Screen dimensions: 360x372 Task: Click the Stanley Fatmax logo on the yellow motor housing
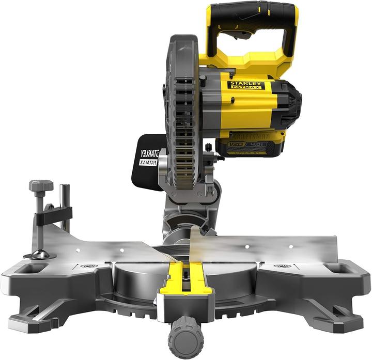coord(246,85)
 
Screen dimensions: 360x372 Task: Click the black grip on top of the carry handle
coord(252,14)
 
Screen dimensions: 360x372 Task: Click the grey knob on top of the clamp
coord(41,185)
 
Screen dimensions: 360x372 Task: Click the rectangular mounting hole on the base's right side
coord(337,269)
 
